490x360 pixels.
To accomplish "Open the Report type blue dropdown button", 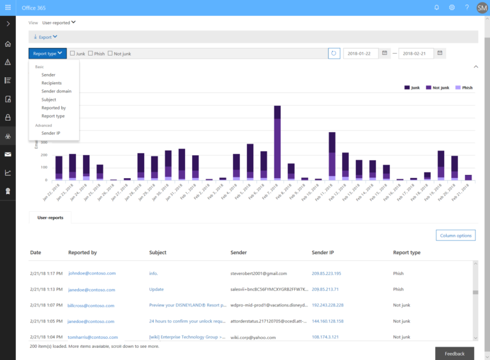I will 47,54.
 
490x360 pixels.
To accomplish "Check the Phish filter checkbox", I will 91,54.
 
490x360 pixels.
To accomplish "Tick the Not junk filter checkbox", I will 110,54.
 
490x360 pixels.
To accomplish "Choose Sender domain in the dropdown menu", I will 56,91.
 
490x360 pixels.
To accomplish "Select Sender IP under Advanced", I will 51,133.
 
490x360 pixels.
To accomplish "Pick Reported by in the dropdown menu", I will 54,108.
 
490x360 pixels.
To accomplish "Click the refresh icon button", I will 334,54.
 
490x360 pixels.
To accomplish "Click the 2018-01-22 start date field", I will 361,54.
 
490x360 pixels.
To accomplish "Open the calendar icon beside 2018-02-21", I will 441,54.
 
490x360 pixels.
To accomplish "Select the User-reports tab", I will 50,218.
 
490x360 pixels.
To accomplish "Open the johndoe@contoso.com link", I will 92,273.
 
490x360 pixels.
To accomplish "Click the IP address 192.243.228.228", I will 327,305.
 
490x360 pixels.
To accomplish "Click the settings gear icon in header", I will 452,8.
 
